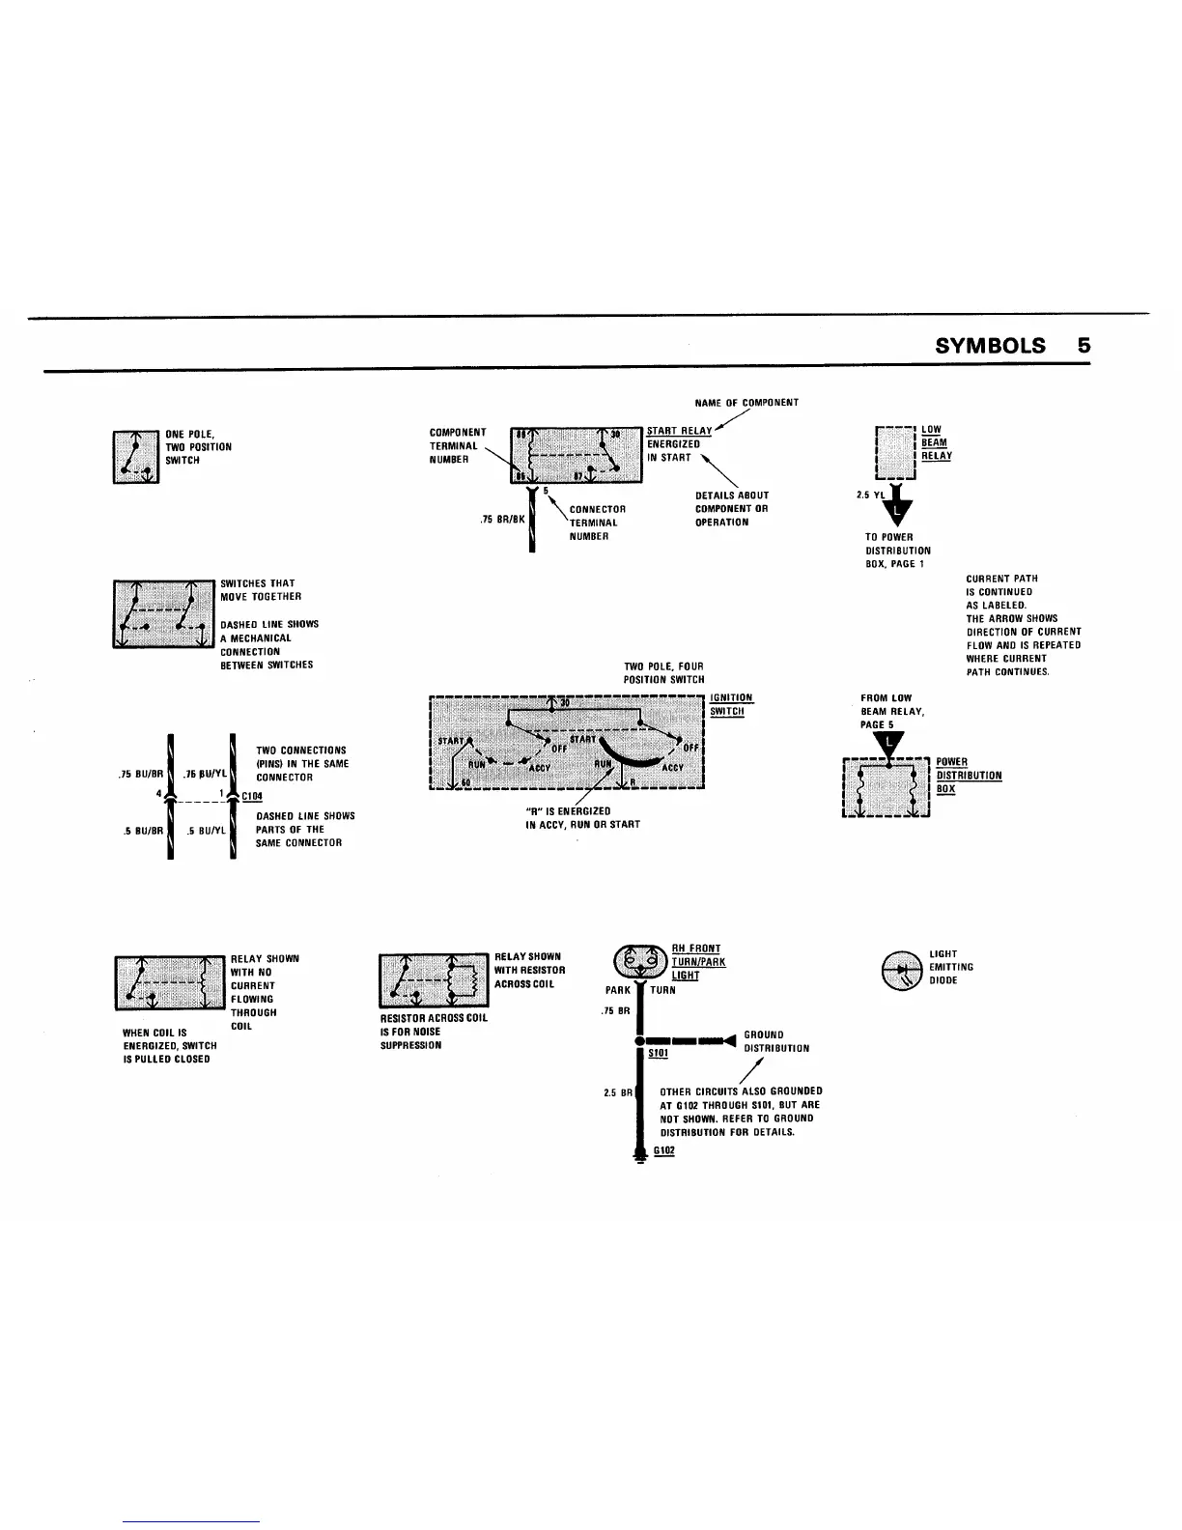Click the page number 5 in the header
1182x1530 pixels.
(x=1083, y=346)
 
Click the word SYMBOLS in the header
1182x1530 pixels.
(x=990, y=346)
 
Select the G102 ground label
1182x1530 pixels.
(x=663, y=1150)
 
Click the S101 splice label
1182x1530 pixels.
(x=658, y=1053)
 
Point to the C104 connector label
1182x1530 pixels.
(x=252, y=796)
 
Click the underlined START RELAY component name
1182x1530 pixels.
(x=679, y=431)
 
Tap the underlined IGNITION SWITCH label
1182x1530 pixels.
(x=730, y=704)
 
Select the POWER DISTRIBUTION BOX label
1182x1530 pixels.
(x=968, y=776)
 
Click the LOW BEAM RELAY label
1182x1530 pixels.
(x=936, y=443)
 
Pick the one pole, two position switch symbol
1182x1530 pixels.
(x=136, y=456)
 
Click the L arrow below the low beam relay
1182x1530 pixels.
(x=900, y=509)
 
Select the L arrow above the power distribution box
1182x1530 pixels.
(x=887, y=743)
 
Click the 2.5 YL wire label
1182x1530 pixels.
(x=870, y=496)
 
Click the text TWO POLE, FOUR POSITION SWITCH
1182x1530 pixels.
(x=663, y=673)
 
